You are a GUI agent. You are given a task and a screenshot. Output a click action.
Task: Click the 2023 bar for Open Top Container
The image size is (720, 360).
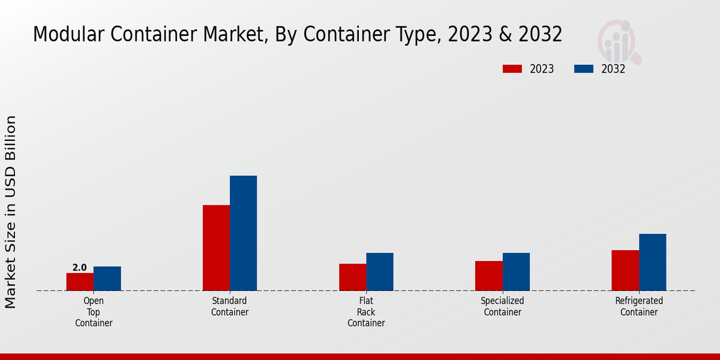coord(80,282)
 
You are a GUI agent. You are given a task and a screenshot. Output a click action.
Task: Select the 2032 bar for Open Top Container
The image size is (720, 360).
coord(107,278)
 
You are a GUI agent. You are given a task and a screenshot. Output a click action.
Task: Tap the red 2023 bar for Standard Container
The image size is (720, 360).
coord(216,248)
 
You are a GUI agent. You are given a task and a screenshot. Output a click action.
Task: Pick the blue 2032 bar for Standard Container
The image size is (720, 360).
coord(243,233)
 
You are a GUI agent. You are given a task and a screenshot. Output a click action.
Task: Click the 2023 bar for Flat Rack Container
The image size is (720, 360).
coord(352,277)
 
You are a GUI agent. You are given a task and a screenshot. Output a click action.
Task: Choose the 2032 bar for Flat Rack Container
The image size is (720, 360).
coord(380,272)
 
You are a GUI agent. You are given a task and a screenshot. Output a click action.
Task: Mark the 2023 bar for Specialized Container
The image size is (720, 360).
coord(488,276)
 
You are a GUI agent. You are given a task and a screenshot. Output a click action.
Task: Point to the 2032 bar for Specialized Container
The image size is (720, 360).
coord(516,272)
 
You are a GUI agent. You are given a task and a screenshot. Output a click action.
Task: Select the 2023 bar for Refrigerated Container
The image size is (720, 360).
coord(625,270)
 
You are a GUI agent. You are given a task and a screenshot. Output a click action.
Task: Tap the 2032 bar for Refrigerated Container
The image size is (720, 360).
coord(652,262)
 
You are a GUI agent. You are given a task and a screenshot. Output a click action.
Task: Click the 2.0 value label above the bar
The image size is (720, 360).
coord(80,268)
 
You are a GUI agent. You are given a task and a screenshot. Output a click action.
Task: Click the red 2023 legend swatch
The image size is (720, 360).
coord(512,69)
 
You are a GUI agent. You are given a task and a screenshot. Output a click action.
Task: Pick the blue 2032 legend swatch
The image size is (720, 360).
coord(583,69)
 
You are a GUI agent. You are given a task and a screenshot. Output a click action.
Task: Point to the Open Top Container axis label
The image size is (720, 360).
coord(94,312)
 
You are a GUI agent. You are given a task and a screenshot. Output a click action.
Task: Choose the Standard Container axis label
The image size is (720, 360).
coord(230,307)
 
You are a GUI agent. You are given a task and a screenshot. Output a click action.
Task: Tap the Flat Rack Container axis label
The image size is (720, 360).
coord(366,312)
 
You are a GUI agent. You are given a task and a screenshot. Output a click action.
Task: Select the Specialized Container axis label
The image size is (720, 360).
coord(502,307)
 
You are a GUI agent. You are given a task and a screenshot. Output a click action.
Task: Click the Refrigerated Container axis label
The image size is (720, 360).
coord(639,307)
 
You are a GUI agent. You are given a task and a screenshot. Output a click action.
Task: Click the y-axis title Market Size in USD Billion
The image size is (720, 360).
coord(11,212)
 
